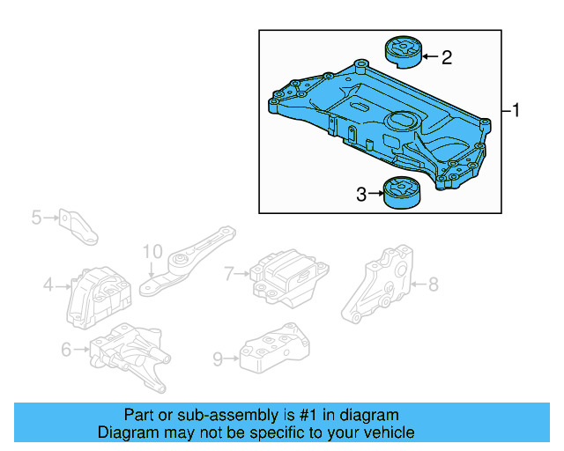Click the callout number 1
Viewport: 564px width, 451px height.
click(517, 111)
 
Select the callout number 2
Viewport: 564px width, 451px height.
click(447, 58)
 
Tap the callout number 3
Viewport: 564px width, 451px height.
click(361, 194)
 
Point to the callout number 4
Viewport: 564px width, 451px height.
click(49, 285)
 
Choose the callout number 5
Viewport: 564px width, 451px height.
click(36, 216)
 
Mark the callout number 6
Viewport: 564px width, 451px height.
click(66, 351)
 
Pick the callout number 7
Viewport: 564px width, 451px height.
click(229, 274)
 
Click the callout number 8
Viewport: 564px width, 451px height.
click(433, 284)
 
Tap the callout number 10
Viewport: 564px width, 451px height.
click(152, 251)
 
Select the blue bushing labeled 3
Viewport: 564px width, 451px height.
click(402, 194)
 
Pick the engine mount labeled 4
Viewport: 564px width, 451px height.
click(96, 295)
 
